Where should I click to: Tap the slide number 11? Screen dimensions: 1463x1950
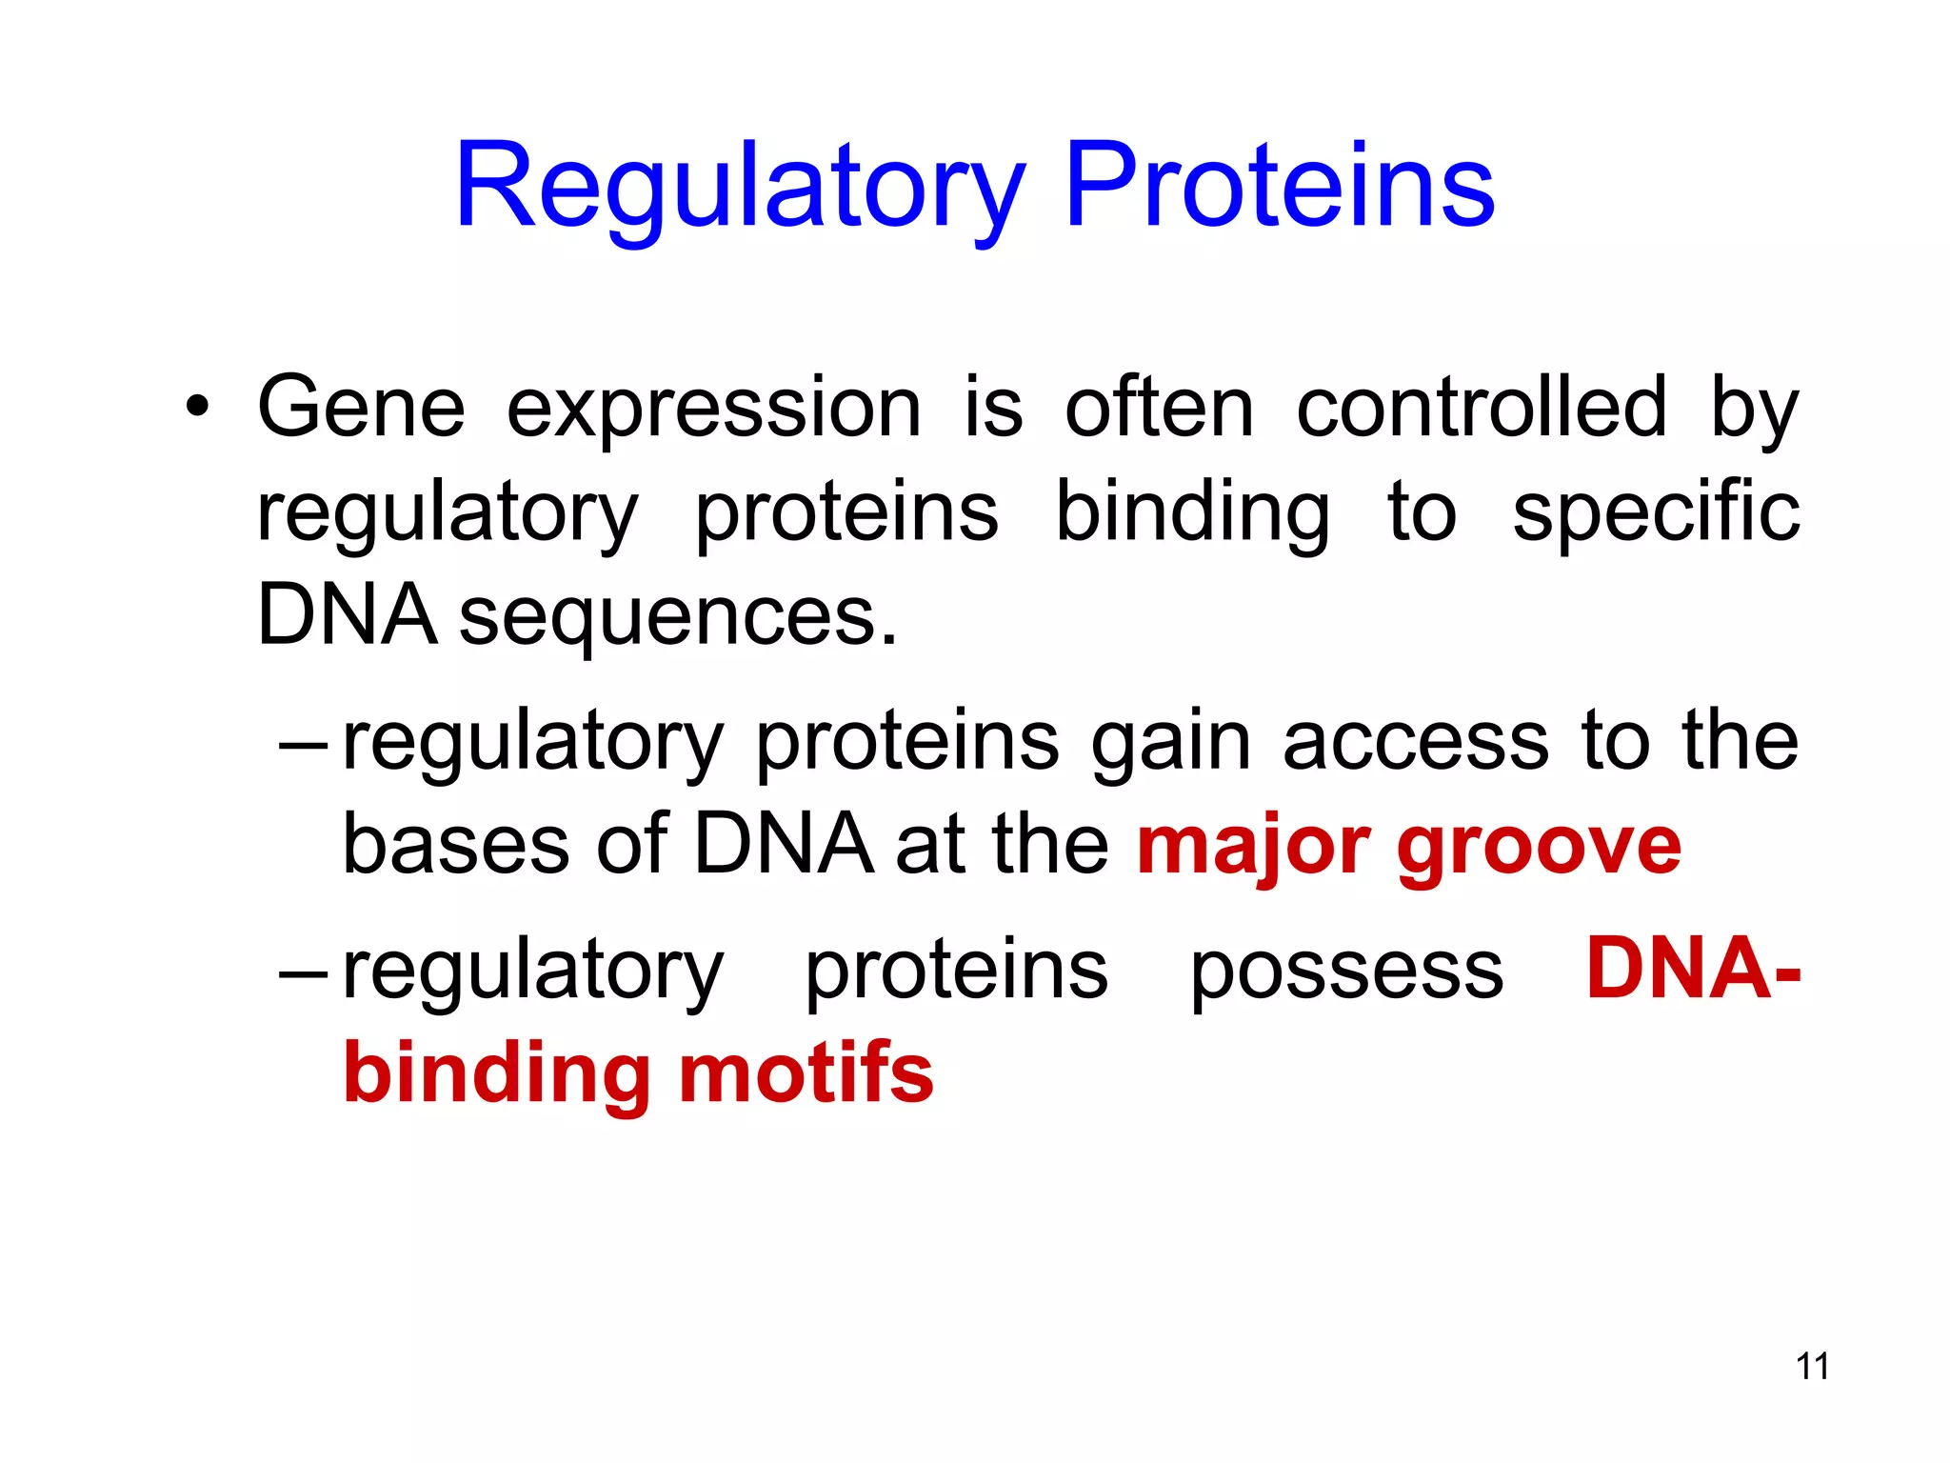[x=1812, y=1366]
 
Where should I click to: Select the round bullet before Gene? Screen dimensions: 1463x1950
[x=197, y=408]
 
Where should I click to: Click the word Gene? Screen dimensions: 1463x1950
[x=361, y=408]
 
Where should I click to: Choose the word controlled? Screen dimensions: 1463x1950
[x=1482, y=408]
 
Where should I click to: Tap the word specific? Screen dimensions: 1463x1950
[x=1656, y=514]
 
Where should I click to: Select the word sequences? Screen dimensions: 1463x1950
[x=678, y=617]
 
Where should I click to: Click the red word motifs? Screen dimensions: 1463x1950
[x=806, y=1073]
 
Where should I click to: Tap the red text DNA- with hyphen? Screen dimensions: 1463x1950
[x=1693, y=969]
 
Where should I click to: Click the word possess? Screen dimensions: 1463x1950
[x=1346, y=972]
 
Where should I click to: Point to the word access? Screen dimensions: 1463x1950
[x=1415, y=742]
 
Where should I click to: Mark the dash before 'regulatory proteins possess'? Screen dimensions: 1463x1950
[x=304, y=975]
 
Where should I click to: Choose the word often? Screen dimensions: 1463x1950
[x=1159, y=408]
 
